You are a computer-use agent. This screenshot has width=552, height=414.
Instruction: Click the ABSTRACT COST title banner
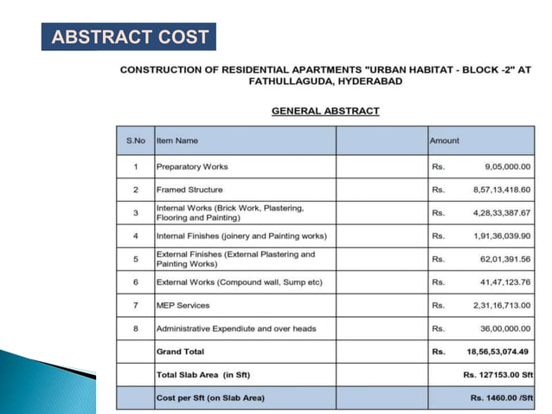(128, 36)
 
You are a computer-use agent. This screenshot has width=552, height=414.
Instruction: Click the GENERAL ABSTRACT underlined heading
(325, 111)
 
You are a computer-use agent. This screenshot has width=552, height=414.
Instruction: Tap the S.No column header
(136, 140)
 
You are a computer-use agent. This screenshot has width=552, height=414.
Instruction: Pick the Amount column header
(444, 140)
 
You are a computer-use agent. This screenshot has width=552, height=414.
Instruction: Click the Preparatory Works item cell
(192, 166)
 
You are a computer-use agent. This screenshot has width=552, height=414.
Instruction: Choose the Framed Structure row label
(189, 190)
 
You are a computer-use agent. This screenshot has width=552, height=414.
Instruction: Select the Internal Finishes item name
(241, 236)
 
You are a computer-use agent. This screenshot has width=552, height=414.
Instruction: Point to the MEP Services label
(183, 306)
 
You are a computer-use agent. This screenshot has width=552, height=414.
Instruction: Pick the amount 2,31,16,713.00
(493, 306)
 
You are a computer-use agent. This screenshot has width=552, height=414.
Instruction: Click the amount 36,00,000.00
(497, 328)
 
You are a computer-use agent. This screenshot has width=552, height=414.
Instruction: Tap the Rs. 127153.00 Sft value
(497, 375)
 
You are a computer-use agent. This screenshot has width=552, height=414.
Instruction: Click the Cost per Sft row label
(210, 398)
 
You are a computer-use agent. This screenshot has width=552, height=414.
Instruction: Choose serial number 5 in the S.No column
(136, 259)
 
